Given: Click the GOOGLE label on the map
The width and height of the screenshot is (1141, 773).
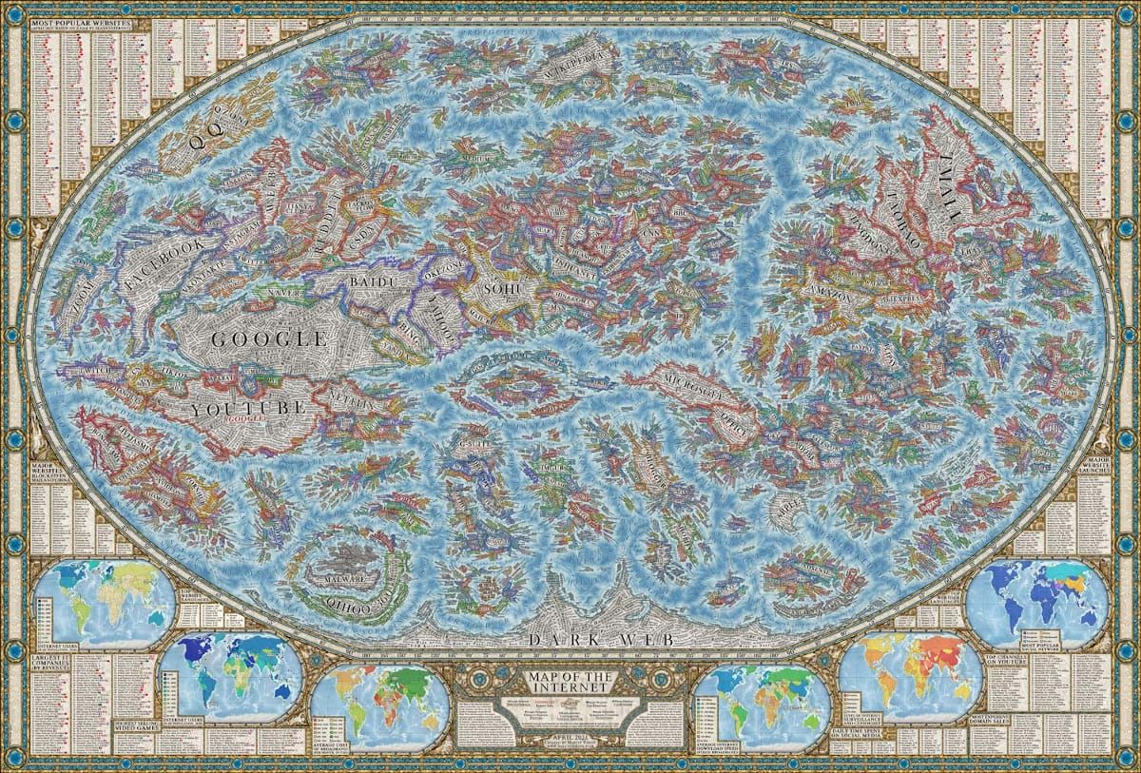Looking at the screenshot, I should click(x=268, y=338).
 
